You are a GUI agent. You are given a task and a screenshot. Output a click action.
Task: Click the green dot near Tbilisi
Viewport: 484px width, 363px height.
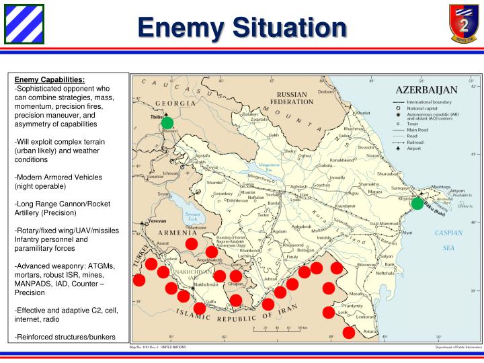point(167,122)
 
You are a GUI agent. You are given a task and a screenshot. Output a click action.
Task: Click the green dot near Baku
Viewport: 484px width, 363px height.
point(417,203)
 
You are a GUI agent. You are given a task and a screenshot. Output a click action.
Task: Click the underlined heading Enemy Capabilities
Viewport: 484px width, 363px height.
point(50,79)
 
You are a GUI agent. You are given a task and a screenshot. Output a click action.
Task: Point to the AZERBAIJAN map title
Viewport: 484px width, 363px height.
point(427,89)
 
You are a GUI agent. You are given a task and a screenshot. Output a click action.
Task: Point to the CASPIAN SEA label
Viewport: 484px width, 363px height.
point(448,240)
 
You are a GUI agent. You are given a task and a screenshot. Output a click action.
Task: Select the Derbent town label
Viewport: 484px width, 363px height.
point(326,91)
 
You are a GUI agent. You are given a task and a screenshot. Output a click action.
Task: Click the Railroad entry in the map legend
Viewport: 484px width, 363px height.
point(417,143)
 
